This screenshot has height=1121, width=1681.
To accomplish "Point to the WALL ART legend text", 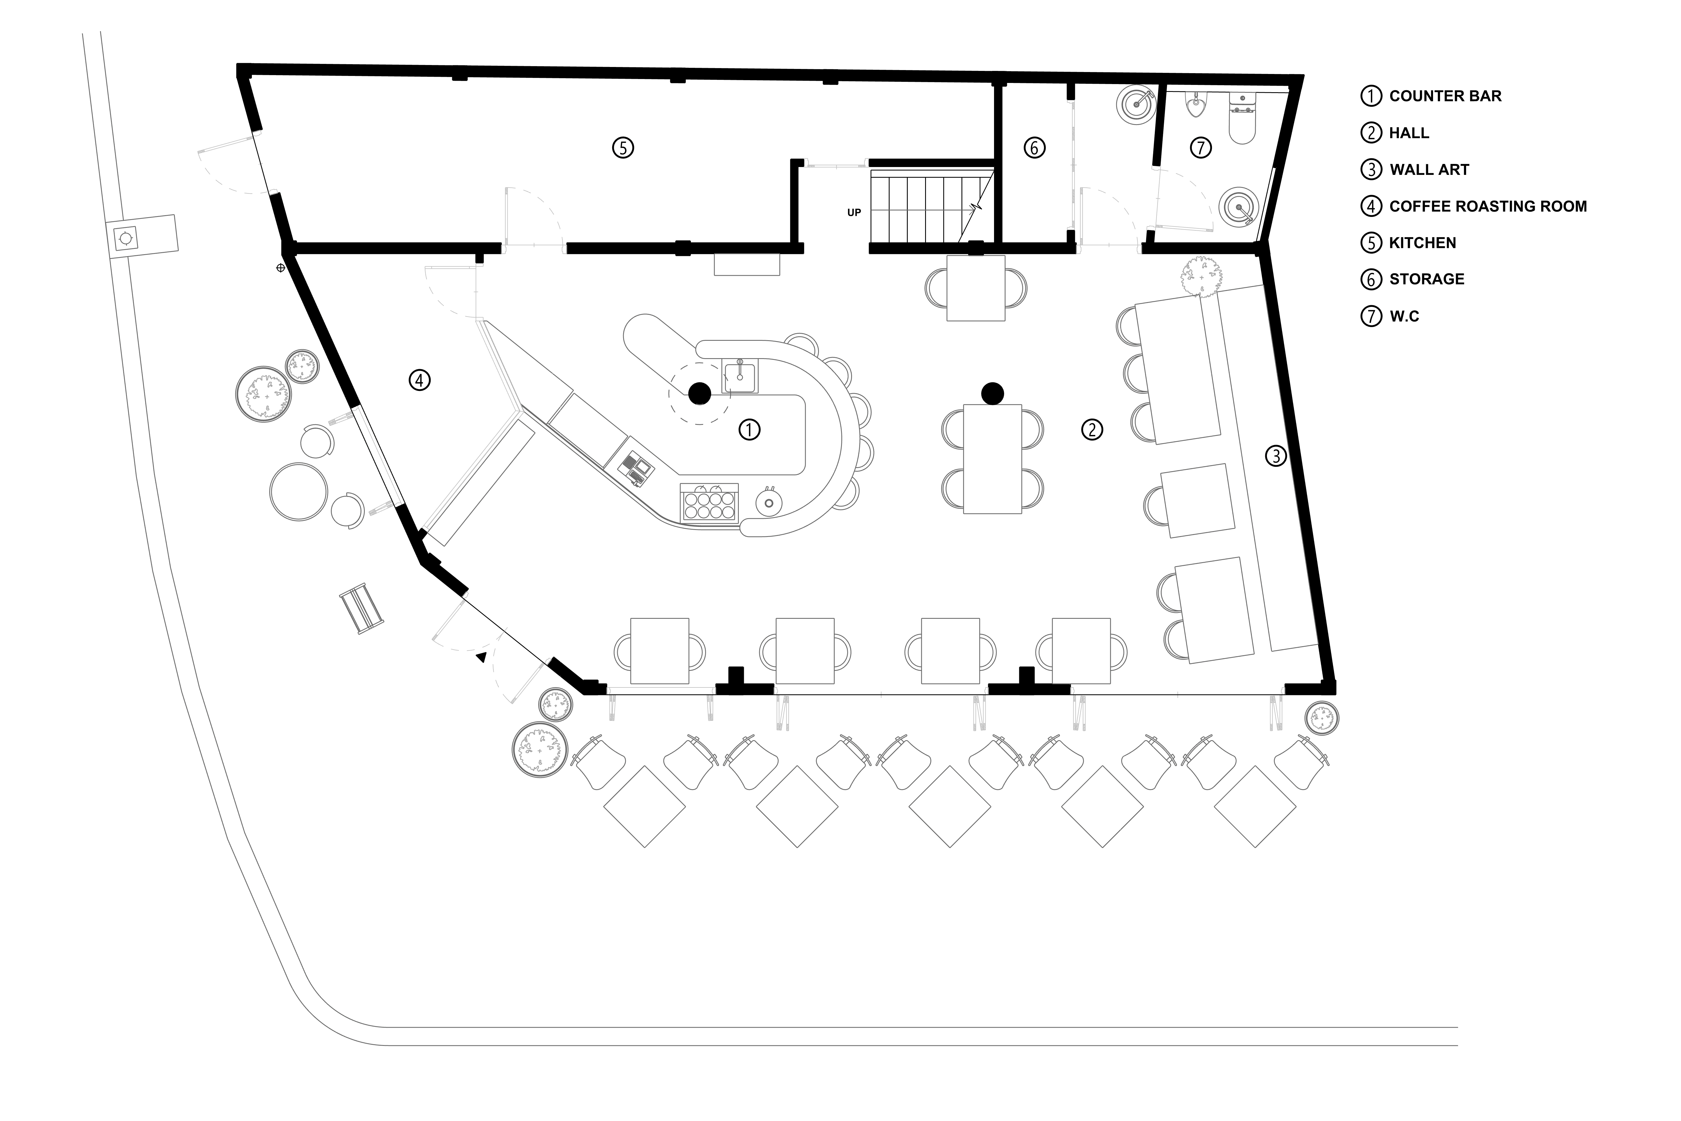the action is [x=1429, y=170].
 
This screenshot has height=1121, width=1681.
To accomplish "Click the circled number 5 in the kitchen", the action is [x=623, y=148].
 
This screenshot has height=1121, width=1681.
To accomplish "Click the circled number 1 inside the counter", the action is [x=749, y=430].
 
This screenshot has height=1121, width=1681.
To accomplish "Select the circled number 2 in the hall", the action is [x=1092, y=430].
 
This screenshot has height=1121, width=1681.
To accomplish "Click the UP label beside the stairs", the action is [x=854, y=212].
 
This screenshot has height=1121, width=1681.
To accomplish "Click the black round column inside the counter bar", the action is [x=699, y=393].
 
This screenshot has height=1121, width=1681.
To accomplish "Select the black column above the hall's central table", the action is [x=992, y=393].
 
